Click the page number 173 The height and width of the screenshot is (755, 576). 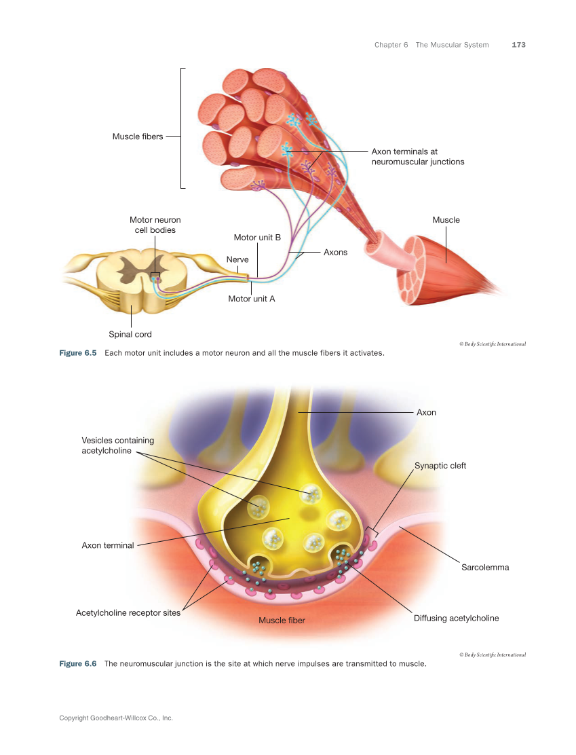tap(518, 45)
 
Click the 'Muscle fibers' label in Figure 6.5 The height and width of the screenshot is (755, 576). tap(138, 136)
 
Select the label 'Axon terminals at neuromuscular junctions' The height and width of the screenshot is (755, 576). tap(417, 157)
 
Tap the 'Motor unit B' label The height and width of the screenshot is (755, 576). tap(257, 238)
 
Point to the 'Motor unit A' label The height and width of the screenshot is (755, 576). tap(251, 298)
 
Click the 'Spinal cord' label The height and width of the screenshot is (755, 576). tap(130, 334)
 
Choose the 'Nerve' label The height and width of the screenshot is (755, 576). tap(237, 259)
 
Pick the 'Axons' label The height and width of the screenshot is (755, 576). tap(335, 252)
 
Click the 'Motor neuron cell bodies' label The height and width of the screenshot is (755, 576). tap(155, 225)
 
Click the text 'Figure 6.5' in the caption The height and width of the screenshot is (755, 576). tap(78, 353)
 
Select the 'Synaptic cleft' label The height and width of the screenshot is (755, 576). tap(440, 466)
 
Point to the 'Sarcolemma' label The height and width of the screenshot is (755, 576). tap(485, 567)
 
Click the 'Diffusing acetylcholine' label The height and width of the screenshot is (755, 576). tap(456, 618)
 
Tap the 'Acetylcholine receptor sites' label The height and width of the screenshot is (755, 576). tap(128, 612)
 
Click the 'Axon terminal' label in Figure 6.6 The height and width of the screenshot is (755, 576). tap(108, 545)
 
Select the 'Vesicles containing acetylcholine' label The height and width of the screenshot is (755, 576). tap(118, 445)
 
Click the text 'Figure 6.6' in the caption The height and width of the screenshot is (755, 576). tap(78, 663)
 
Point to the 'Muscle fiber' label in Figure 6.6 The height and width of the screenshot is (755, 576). tap(282, 620)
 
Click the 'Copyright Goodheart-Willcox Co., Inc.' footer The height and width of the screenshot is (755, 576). tap(116, 717)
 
